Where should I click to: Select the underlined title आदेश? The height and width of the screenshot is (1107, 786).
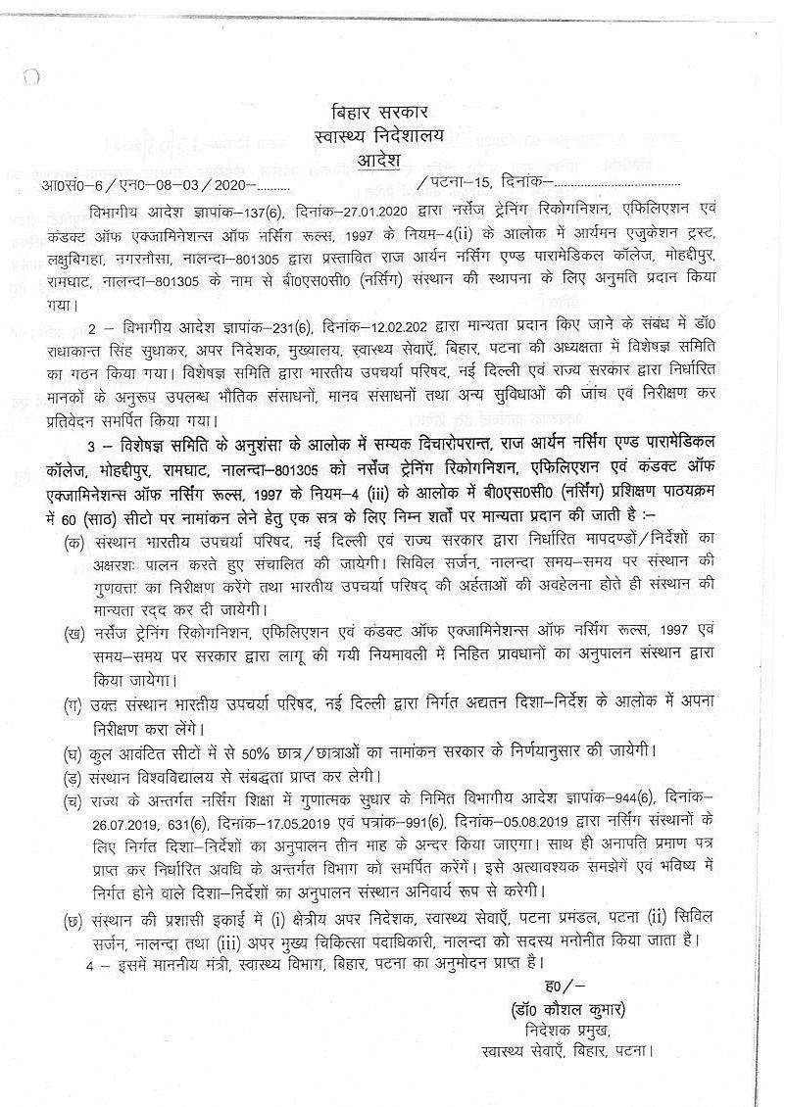click(392, 157)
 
